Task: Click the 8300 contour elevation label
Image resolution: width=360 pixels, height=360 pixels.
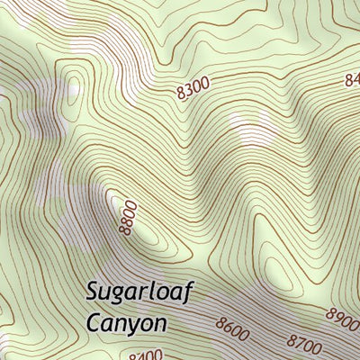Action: [x=193, y=87]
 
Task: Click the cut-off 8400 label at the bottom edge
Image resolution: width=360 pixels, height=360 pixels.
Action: [x=146, y=355]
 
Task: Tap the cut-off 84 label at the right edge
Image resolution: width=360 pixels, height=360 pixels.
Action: [x=352, y=80]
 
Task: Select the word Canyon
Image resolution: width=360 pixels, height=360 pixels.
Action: [x=127, y=321]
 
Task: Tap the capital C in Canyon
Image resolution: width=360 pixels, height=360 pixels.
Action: [x=94, y=320]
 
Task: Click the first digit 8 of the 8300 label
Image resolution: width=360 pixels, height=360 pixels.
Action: [x=181, y=91]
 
